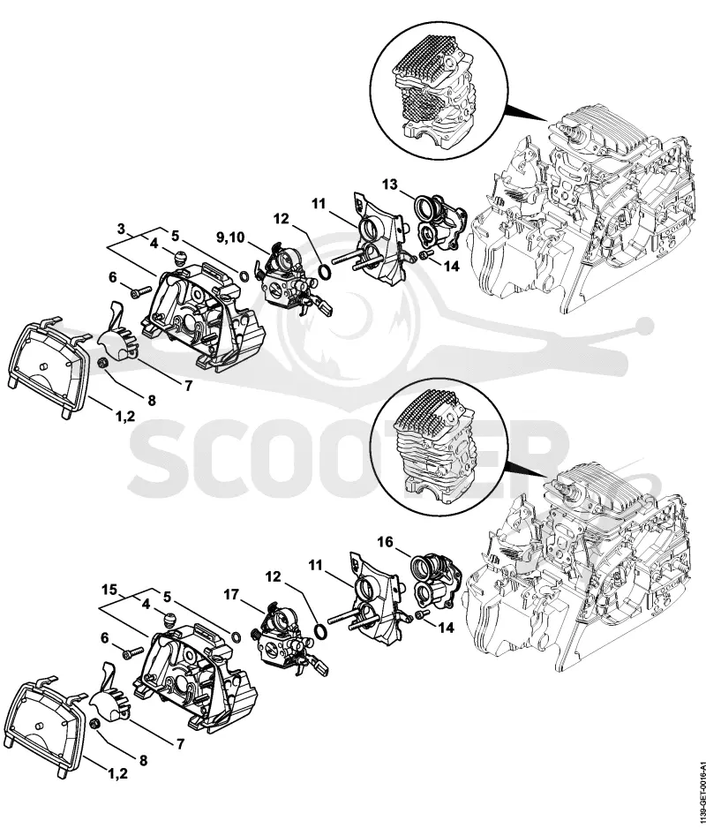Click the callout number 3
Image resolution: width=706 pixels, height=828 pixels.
coord(122,230)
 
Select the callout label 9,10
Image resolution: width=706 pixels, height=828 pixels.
coord(230,237)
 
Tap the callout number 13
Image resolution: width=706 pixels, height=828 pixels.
coord(390,184)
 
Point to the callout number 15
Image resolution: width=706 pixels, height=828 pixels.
coord(109,589)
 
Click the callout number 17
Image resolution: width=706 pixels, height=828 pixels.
coord(231,595)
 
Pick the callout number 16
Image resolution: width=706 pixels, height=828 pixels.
coord(386,542)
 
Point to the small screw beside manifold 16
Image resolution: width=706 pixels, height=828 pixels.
coord(421,614)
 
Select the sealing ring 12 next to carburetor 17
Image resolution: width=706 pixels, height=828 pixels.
coord(320,631)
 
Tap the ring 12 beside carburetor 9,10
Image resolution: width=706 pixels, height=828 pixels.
coord(326,272)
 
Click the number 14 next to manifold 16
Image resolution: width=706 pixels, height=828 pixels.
coord(447,628)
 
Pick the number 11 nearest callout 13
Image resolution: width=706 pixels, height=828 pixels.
coord(319,203)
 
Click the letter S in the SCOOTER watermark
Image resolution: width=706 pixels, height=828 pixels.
coord(159,458)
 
